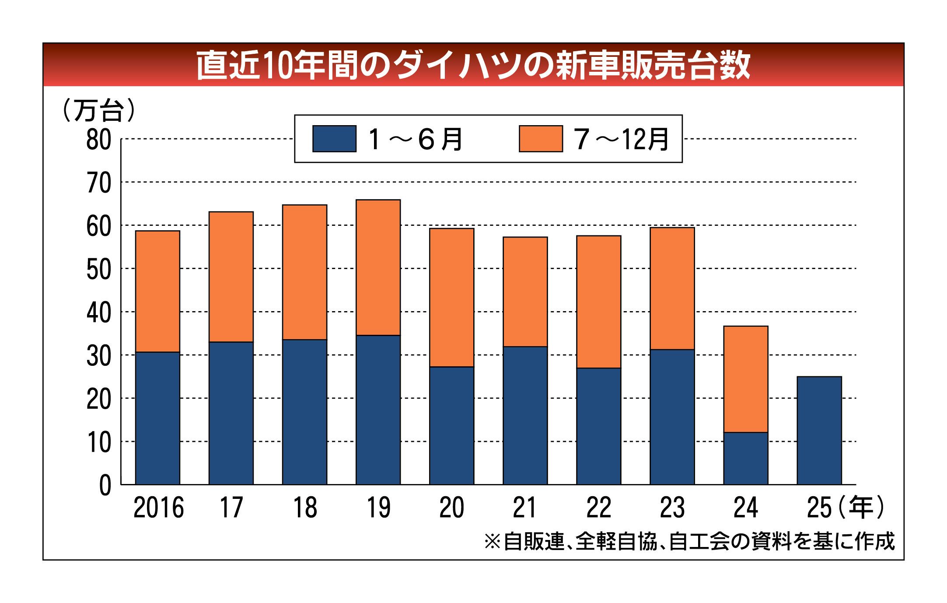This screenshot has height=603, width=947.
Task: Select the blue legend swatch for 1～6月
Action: coord(334,139)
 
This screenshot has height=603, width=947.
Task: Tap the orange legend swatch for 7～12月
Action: coord(541,139)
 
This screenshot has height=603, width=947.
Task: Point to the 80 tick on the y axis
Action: coord(98,140)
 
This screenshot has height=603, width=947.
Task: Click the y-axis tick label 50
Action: coord(98,270)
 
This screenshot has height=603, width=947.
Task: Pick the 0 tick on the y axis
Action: coord(105,486)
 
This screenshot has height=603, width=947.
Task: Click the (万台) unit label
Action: coord(99,110)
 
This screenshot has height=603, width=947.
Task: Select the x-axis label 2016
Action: coord(158,508)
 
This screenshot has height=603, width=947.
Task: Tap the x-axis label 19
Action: coord(378,508)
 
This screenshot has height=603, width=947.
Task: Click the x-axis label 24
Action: coord(746,508)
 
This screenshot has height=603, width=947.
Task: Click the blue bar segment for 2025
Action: coord(819,431)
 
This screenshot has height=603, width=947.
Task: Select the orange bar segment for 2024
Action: coord(746,379)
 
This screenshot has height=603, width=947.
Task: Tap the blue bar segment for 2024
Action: coord(746,459)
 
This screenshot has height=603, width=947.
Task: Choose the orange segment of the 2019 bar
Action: coord(378,268)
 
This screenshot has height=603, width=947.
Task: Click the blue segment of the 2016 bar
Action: coord(157,418)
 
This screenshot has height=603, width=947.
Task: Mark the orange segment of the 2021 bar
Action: coord(525,292)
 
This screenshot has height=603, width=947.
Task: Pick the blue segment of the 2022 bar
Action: coord(599,426)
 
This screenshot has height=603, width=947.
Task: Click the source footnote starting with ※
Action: coord(689,542)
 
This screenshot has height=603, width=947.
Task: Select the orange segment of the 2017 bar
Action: coord(231,277)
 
